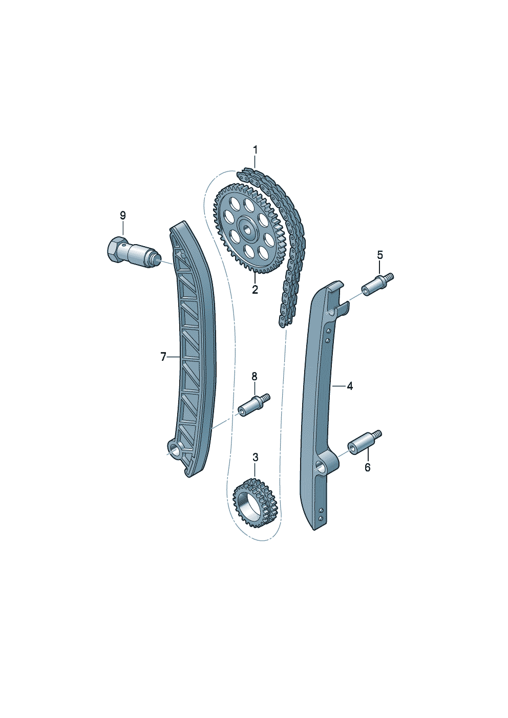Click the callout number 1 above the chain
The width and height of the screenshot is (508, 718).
point(256,150)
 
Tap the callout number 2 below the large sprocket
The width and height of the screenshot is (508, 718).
point(255,290)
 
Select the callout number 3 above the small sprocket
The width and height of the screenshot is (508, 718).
point(256,458)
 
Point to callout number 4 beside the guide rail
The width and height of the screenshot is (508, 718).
point(350,386)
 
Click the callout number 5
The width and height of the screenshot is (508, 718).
point(379,255)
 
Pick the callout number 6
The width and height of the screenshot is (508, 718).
point(368,468)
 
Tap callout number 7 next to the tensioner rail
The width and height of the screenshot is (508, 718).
point(163,357)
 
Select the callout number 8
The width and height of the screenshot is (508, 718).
point(255,377)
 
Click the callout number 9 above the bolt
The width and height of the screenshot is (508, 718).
point(123,215)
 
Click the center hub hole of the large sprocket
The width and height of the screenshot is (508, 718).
point(247,229)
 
